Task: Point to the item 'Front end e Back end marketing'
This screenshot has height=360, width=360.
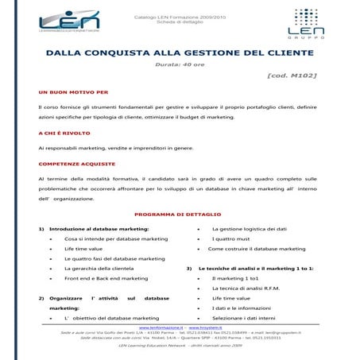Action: tap(106, 278)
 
